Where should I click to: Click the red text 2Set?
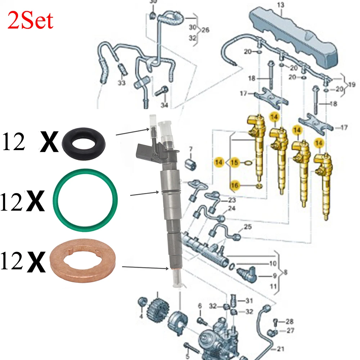[30, 21]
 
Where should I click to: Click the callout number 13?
[280, 5]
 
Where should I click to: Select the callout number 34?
[164, 105]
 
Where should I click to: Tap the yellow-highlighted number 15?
[235, 163]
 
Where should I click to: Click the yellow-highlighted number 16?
[235, 185]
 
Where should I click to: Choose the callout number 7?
[191, 149]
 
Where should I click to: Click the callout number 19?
[352, 85]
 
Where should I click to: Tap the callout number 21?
[280, 349]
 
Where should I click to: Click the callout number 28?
[289, 321]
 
